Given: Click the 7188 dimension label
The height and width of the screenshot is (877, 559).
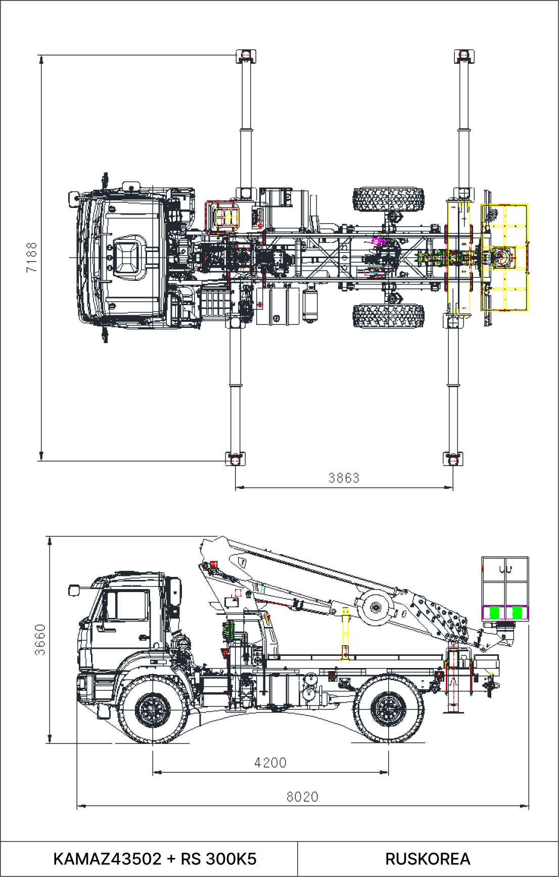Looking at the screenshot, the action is pyautogui.click(x=31, y=257).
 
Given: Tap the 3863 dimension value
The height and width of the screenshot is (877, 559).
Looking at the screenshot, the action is pyautogui.click(x=344, y=478).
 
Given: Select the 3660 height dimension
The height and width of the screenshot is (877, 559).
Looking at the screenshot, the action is pyautogui.click(x=40, y=640).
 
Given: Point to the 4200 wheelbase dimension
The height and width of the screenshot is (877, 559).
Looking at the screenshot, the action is pyautogui.click(x=270, y=763).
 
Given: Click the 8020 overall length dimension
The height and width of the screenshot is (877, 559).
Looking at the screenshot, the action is pyautogui.click(x=302, y=797).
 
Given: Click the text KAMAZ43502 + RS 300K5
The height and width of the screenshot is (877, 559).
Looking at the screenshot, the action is pyautogui.click(x=155, y=859).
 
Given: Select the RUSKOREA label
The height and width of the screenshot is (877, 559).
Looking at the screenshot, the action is pyautogui.click(x=428, y=859).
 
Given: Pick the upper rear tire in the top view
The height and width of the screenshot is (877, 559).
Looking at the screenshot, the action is pyautogui.click(x=388, y=199).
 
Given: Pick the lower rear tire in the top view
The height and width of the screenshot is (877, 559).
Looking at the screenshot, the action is pyautogui.click(x=388, y=316).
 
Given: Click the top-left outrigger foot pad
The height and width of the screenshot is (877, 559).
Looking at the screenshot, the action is pyautogui.click(x=246, y=55).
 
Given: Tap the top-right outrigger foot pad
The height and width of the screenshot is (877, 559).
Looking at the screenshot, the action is pyautogui.click(x=464, y=55).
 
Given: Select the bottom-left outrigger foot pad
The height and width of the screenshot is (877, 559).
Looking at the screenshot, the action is pyautogui.click(x=235, y=458).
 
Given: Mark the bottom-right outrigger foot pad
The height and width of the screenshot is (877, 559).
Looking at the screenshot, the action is pyautogui.click(x=453, y=458).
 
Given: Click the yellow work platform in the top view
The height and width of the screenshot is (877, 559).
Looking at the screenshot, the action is pyautogui.click(x=504, y=258).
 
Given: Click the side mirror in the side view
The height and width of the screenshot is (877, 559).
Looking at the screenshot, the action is pyautogui.click(x=74, y=590).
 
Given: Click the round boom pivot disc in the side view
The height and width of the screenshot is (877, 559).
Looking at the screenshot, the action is pyautogui.click(x=375, y=607).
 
